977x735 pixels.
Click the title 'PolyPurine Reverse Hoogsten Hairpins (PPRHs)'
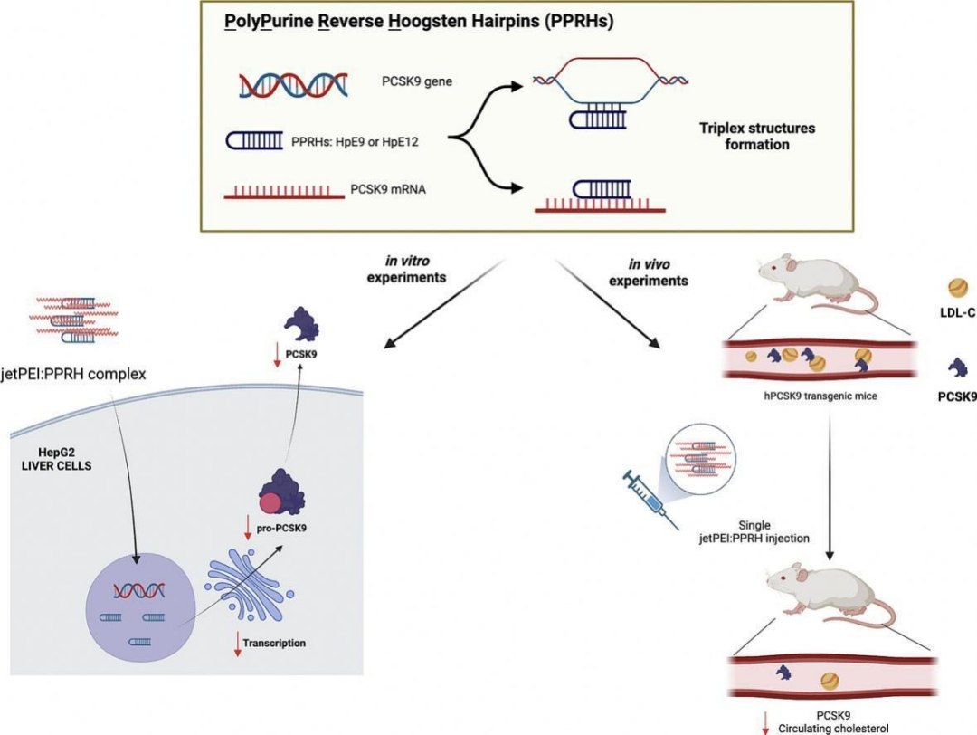pyautogui.click(x=419, y=23)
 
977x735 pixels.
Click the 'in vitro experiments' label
pyautogui.click(x=406, y=269)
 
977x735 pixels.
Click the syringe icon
pyautogui.click(x=649, y=495)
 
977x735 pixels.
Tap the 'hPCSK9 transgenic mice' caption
pyautogui.click(x=820, y=395)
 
